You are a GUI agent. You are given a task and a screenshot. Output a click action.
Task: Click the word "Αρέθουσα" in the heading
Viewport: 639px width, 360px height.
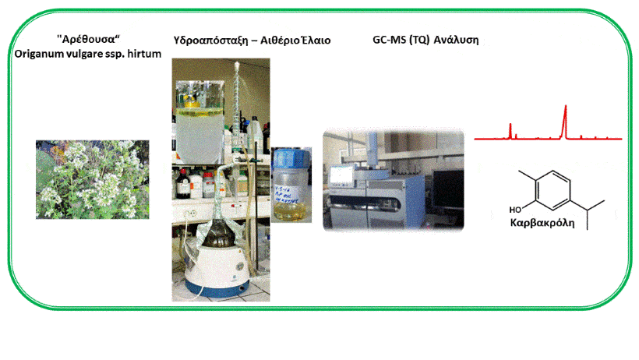[87, 39]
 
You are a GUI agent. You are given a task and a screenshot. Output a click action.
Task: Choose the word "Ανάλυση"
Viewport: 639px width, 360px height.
[456, 40]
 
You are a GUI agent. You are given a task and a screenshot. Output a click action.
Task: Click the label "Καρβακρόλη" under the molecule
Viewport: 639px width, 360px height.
[542, 223]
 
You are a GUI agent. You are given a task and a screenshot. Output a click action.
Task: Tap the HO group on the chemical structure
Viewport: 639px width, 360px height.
[515, 210]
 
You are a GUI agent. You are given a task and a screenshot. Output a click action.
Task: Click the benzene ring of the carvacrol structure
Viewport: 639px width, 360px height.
[553, 190]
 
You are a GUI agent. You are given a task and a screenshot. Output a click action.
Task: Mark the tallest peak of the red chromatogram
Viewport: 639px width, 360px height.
[565, 107]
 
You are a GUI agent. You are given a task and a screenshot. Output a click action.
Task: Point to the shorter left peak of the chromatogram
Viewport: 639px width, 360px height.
[510, 125]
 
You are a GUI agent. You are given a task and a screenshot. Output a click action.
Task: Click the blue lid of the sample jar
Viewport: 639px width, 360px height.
[291, 157]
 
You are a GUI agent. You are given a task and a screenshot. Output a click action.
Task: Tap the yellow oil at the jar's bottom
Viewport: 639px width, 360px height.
[291, 212]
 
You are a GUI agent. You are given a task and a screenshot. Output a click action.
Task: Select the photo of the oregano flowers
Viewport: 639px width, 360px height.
[93, 179]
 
